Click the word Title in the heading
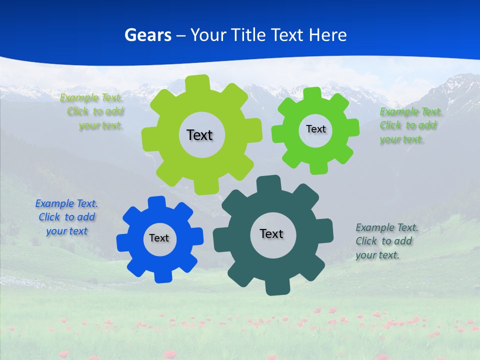click(249, 35)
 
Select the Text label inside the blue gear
click(159, 238)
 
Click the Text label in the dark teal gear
click(271, 234)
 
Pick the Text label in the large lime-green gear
click(199, 135)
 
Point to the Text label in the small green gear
click(315, 129)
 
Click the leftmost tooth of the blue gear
click(123, 242)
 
